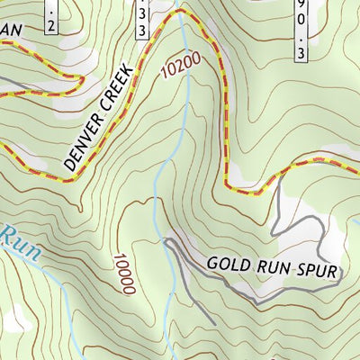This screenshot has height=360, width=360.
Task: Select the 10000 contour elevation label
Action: tap(123, 274)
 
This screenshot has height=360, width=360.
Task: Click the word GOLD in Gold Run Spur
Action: tap(227, 265)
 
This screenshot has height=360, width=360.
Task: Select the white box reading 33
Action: tap(142, 20)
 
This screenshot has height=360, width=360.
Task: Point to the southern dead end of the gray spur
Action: tap(214, 323)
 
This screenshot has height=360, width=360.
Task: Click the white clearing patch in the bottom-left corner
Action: tap(13, 317)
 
